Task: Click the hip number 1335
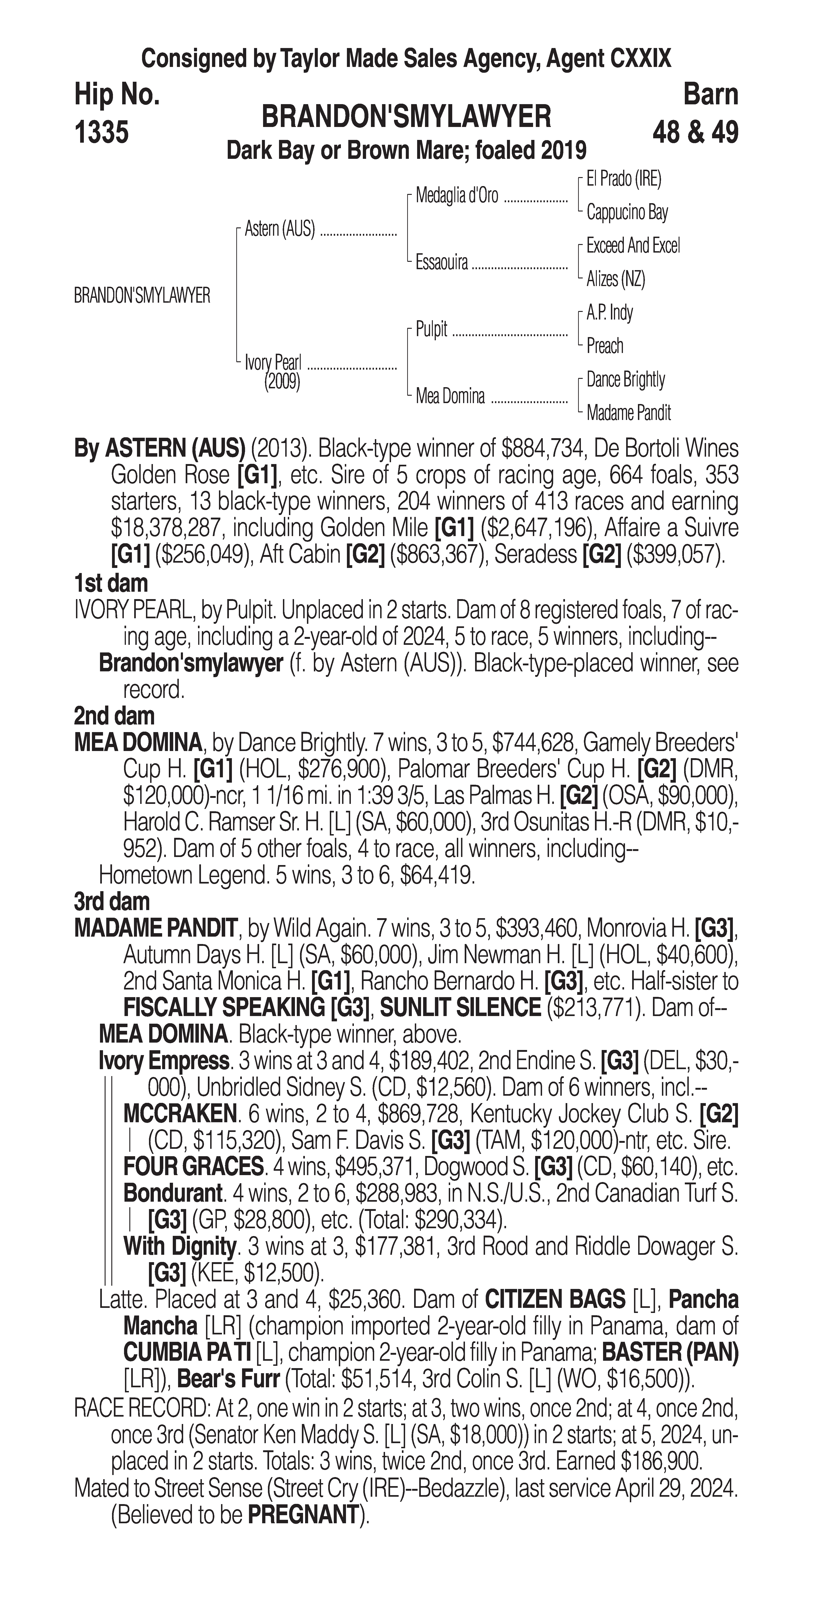[101, 133]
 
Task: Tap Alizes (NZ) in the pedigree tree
[616, 279]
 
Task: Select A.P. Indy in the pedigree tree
[610, 313]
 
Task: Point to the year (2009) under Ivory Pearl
[282, 381]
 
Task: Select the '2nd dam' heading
[114, 716]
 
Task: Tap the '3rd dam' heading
[112, 902]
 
